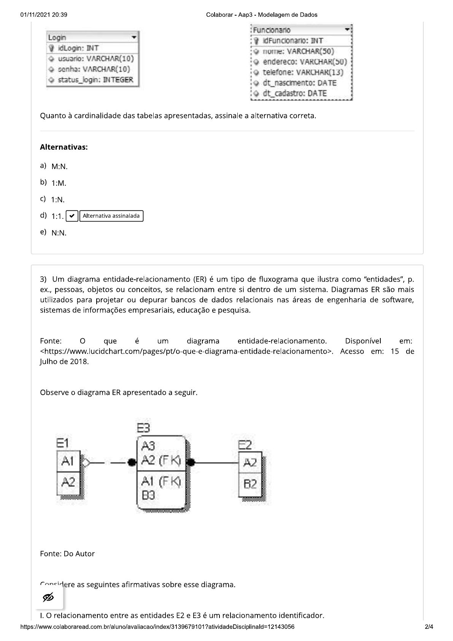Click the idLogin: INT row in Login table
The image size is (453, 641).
click(78, 48)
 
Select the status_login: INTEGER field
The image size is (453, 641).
click(95, 80)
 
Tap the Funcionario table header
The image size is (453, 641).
click(300, 30)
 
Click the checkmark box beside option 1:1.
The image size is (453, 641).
click(72, 216)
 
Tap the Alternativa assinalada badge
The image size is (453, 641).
click(111, 216)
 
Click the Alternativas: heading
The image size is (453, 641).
click(64, 147)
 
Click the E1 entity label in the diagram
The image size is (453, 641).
click(62, 443)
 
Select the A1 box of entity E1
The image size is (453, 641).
click(68, 461)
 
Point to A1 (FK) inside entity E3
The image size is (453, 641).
click(161, 482)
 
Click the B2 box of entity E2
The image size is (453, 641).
click(250, 484)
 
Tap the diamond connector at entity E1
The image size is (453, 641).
click(86, 463)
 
